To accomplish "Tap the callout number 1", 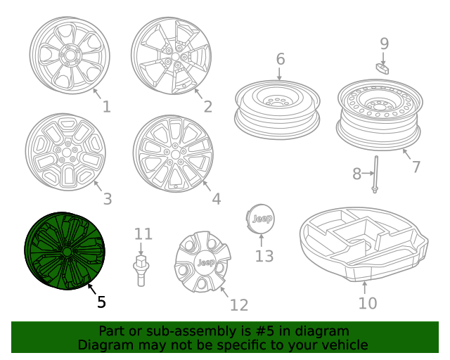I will pyautogui.click(x=106, y=107).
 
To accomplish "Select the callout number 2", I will pyautogui.click(x=207, y=107).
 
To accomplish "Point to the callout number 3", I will pyautogui.click(x=107, y=199).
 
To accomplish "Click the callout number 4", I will pyautogui.click(x=216, y=199).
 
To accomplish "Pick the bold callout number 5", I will pyautogui.click(x=101, y=302).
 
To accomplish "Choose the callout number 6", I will pyautogui.click(x=280, y=58).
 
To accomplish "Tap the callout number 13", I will pyautogui.click(x=264, y=256).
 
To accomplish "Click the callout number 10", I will pyautogui.click(x=367, y=303).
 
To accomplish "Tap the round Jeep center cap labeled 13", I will pyautogui.click(x=263, y=219).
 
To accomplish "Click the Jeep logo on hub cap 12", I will pyautogui.click(x=205, y=263).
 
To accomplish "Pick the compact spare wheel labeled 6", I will pyautogui.click(x=278, y=109).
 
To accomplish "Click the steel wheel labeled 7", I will pyautogui.click(x=378, y=112).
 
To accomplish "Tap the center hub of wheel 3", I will pyautogui.click(x=66, y=152).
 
